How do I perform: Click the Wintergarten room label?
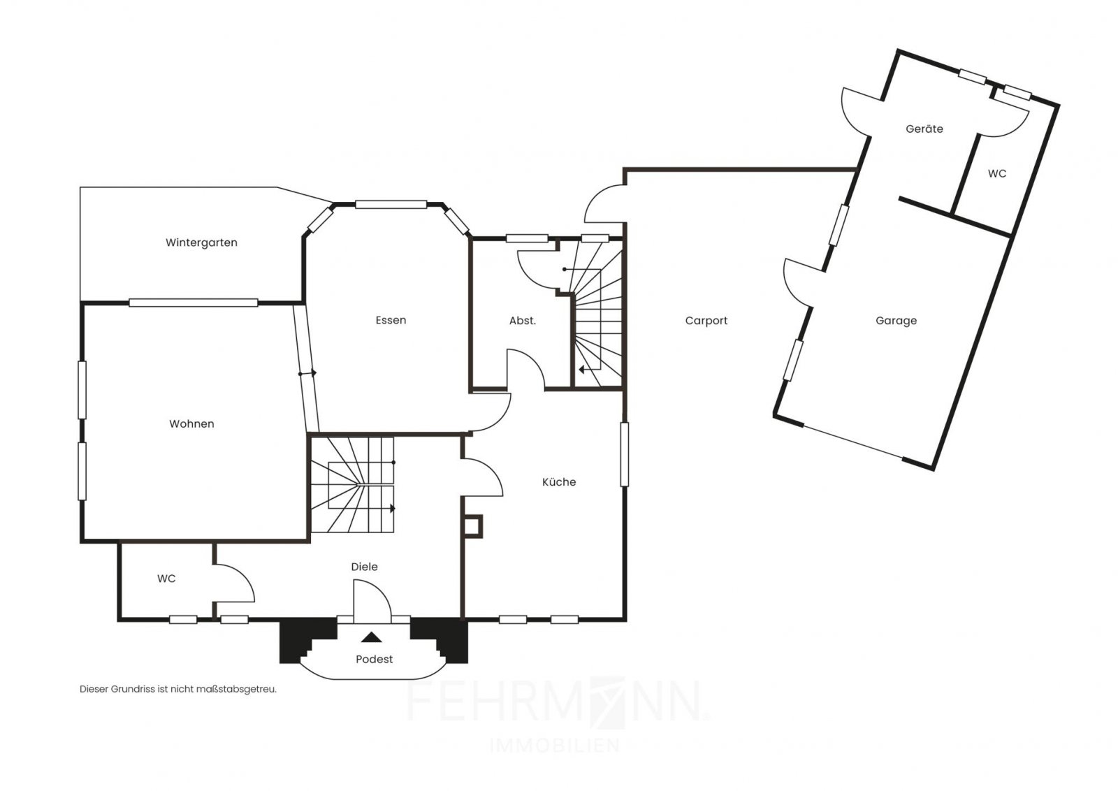pos(201,243)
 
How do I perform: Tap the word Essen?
pos(391,321)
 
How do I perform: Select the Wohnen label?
pos(191,424)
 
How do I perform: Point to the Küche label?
pos(559,481)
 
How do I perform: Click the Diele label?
pos(364,567)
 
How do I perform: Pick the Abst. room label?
pos(523,321)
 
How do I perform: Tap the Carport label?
pos(706,321)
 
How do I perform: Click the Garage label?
pos(896,321)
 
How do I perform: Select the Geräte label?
pos(924,129)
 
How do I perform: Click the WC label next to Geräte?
pos(996,174)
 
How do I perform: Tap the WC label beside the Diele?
pos(166,579)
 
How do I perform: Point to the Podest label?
pos(375,659)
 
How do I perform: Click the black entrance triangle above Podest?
pos(371,637)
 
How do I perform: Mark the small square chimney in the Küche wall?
pos(473,526)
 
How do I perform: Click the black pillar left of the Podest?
pos(307,641)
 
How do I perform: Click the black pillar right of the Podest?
pos(440,641)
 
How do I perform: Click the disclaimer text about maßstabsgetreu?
pos(177,689)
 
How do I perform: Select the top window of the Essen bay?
pos(391,204)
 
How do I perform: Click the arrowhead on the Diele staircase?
pos(393,509)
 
